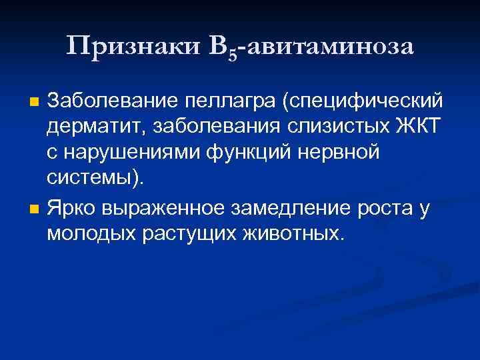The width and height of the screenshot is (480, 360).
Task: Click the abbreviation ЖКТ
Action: (x=415, y=128)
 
